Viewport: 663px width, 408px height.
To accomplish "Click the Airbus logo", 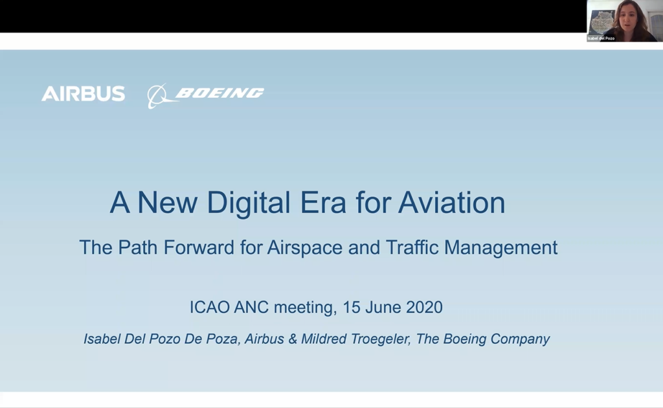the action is tap(84, 93).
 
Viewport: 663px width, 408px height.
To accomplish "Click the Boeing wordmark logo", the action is tap(219, 93).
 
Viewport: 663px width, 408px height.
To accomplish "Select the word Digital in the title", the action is tap(248, 203).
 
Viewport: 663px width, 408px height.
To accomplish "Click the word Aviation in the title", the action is tap(451, 203).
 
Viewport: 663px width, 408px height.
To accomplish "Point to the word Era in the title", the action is tap(323, 203).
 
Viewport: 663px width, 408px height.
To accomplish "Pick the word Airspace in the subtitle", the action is tap(304, 248).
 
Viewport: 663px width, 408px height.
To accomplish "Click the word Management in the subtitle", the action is tap(500, 248).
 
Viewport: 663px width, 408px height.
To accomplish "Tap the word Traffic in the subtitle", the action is tap(412, 247).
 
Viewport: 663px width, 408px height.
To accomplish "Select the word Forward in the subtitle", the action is tap(199, 247).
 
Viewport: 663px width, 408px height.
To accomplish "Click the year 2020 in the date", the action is tap(424, 308).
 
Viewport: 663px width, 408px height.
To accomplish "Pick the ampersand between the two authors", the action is tap(293, 339).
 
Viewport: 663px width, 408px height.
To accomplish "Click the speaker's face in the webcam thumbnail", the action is tap(630, 17).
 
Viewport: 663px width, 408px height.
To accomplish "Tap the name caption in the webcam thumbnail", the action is tap(601, 38).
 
